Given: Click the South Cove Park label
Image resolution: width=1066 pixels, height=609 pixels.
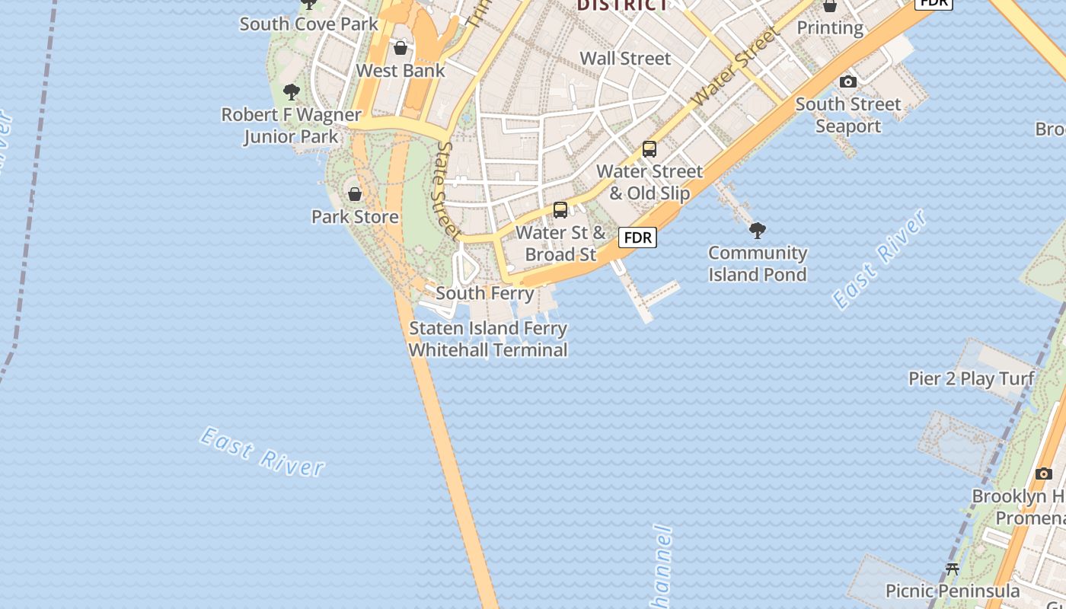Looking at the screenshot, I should point(308,24).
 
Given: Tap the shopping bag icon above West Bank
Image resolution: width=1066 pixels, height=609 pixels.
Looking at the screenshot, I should point(401,49).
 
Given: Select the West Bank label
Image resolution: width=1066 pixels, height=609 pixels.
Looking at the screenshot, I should point(401,71).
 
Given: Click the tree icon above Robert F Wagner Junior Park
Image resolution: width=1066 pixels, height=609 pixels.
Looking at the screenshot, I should point(291,93).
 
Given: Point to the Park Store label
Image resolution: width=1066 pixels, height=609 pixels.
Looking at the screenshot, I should point(355,217).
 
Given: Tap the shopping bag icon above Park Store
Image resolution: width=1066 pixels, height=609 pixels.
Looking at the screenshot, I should point(354,194).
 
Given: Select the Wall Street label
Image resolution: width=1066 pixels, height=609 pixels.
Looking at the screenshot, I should point(625,59).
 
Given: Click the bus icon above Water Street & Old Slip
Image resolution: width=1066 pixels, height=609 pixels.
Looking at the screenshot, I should point(649,149).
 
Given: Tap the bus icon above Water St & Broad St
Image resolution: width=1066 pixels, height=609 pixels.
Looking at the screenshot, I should point(560,210).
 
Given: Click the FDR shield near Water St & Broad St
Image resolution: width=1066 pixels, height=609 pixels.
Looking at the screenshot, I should point(637,238).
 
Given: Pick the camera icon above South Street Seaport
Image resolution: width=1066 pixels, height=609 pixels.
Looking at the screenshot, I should point(848,81).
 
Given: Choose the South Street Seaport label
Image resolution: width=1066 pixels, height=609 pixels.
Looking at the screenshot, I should point(848,115).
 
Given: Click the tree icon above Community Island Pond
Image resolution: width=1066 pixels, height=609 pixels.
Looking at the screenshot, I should point(758,230).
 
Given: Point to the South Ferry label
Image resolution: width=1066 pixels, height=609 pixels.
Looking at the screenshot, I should point(485,293).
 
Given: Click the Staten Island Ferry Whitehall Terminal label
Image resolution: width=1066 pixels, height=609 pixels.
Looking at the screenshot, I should point(488,340).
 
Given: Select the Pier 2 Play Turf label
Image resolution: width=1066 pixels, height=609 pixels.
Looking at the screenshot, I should point(972,378).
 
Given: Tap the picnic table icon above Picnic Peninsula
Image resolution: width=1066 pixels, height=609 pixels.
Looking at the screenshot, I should point(952,569).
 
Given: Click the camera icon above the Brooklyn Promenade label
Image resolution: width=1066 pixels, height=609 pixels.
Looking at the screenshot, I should point(1044,473).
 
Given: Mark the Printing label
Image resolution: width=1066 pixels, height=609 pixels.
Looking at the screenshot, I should point(830,28).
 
